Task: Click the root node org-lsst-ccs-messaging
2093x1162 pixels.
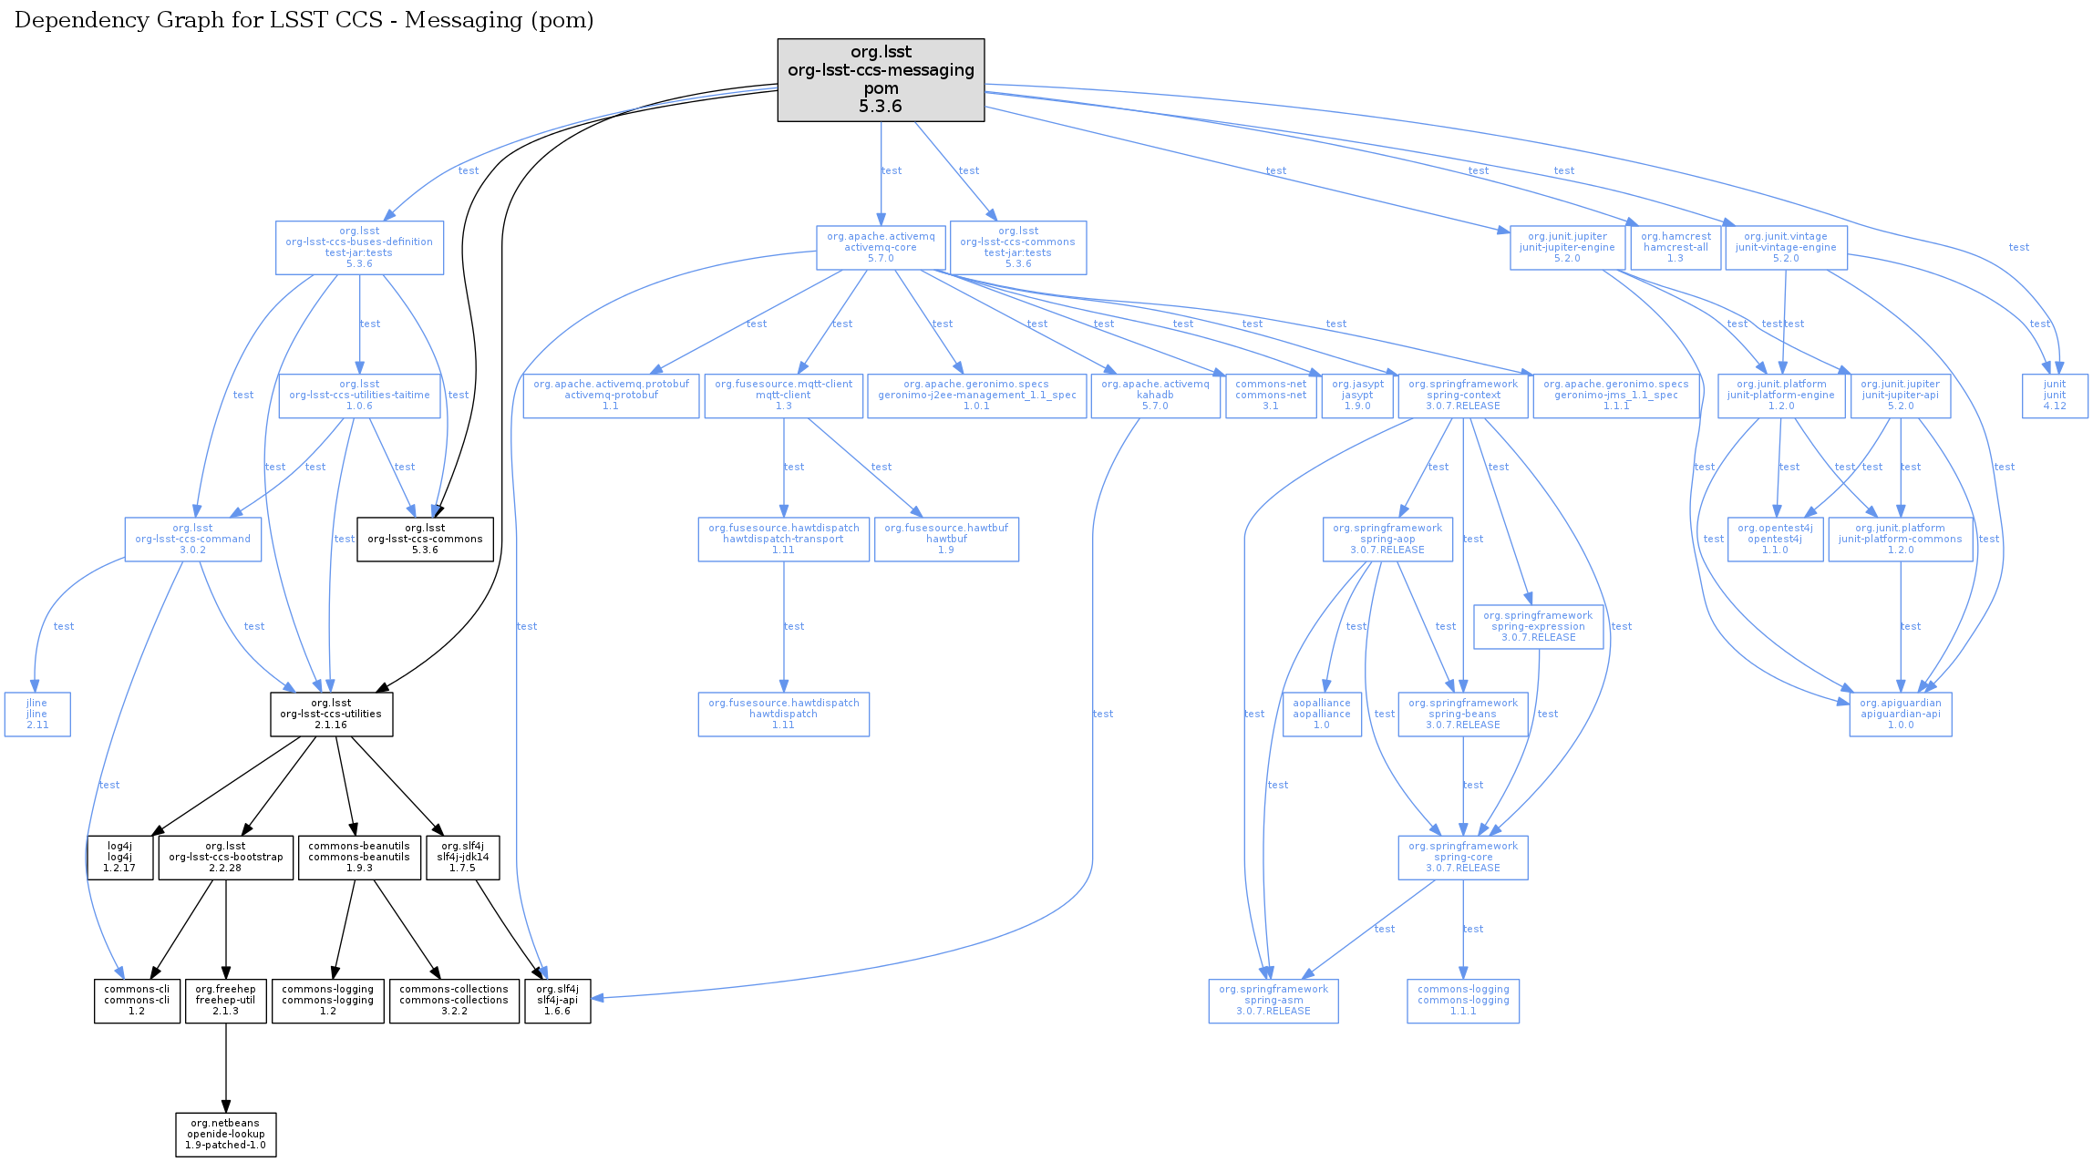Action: (x=881, y=79)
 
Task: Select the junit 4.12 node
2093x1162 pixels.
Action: (x=2055, y=396)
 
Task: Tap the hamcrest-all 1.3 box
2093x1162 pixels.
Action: (x=1675, y=248)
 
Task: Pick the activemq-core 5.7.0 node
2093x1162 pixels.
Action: (x=881, y=248)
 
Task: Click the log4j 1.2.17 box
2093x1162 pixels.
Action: (x=119, y=858)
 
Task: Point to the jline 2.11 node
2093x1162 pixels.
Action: (x=37, y=715)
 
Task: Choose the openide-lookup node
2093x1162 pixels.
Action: (x=225, y=1135)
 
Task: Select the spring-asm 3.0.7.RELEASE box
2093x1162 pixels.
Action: (x=1273, y=1001)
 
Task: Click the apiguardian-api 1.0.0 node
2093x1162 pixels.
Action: (x=1901, y=715)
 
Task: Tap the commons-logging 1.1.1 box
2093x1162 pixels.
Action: (x=1463, y=1001)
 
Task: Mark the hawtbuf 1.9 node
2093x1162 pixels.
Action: (x=946, y=540)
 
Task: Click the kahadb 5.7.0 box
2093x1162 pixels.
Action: (x=1155, y=396)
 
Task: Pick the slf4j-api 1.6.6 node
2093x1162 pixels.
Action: (x=558, y=1001)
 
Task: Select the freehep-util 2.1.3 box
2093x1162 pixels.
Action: (x=226, y=1001)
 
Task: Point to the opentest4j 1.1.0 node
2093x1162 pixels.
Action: (x=1775, y=540)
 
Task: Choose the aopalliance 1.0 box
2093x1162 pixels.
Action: (x=1322, y=715)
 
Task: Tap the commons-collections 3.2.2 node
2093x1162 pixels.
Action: (x=454, y=1001)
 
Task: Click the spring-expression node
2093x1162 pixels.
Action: (x=1538, y=627)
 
